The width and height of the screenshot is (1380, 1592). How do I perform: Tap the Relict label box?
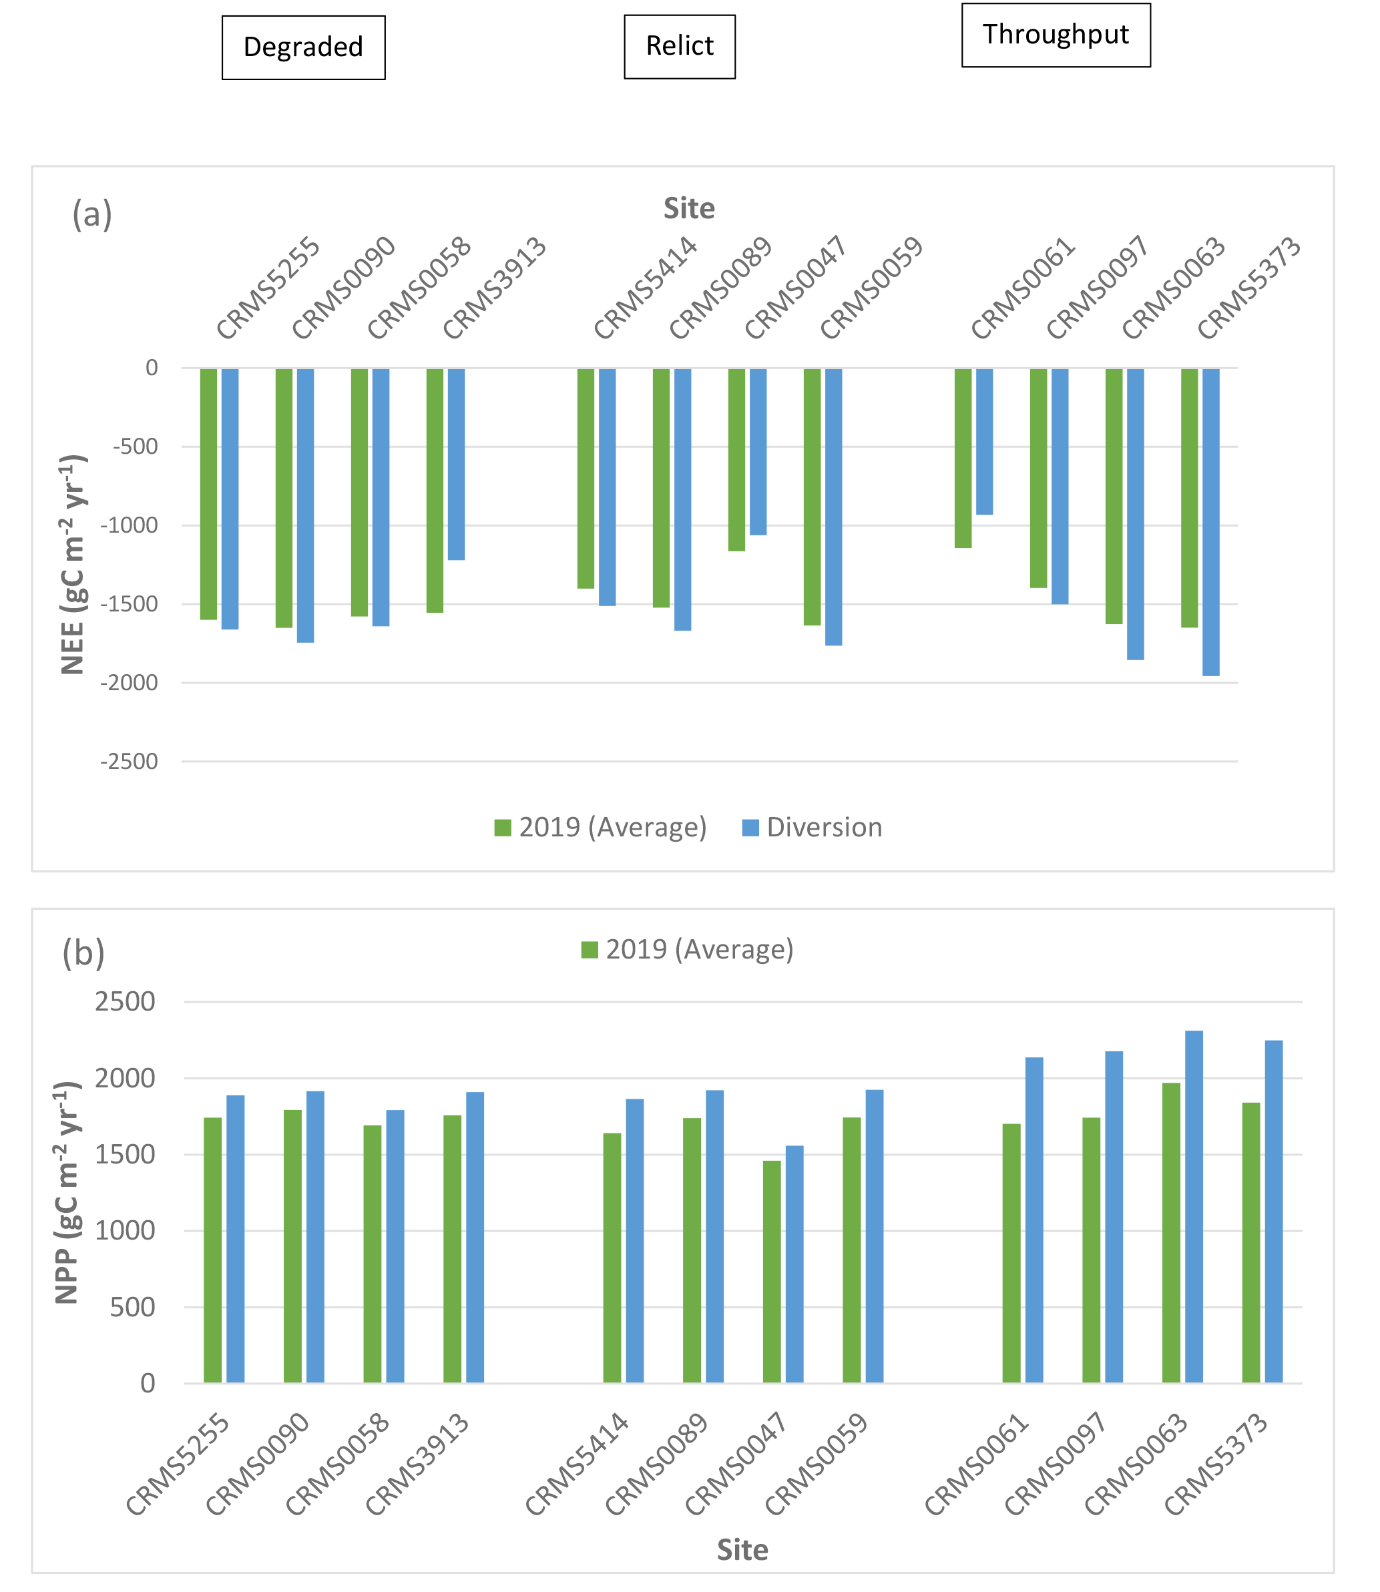tap(679, 46)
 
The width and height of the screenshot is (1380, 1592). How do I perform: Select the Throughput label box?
tap(1055, 35)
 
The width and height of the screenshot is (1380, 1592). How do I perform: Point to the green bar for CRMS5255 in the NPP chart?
tap(212, 1250)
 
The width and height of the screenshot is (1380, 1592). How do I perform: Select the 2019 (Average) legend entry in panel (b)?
tap(688, 950)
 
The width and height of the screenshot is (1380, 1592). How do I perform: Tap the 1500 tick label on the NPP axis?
tap(125, 1155)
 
